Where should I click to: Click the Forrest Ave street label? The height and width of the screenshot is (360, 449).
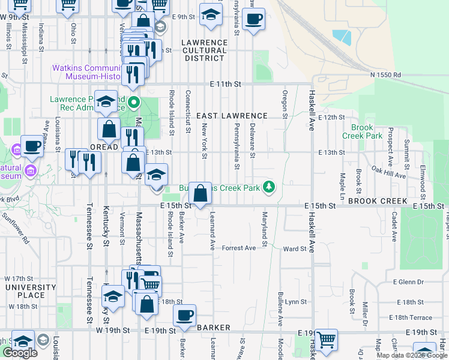coord(239,248)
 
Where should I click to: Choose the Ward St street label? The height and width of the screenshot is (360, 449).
coord(295,248)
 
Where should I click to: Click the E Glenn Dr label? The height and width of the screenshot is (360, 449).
coord(408,281)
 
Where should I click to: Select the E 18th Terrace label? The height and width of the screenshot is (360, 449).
coord(410,317)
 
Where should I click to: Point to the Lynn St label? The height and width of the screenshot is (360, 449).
coord(295,302)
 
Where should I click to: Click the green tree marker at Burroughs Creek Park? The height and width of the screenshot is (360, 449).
coord(270,188)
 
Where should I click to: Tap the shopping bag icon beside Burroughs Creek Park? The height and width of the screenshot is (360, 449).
coord(201,193)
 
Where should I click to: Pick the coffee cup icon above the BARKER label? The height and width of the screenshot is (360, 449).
coord(185,315)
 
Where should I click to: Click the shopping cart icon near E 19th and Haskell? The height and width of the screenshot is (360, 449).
coord(326,340)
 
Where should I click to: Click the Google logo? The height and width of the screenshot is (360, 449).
coord(20,353)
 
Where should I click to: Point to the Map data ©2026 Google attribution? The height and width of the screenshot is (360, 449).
coord(412,355)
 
